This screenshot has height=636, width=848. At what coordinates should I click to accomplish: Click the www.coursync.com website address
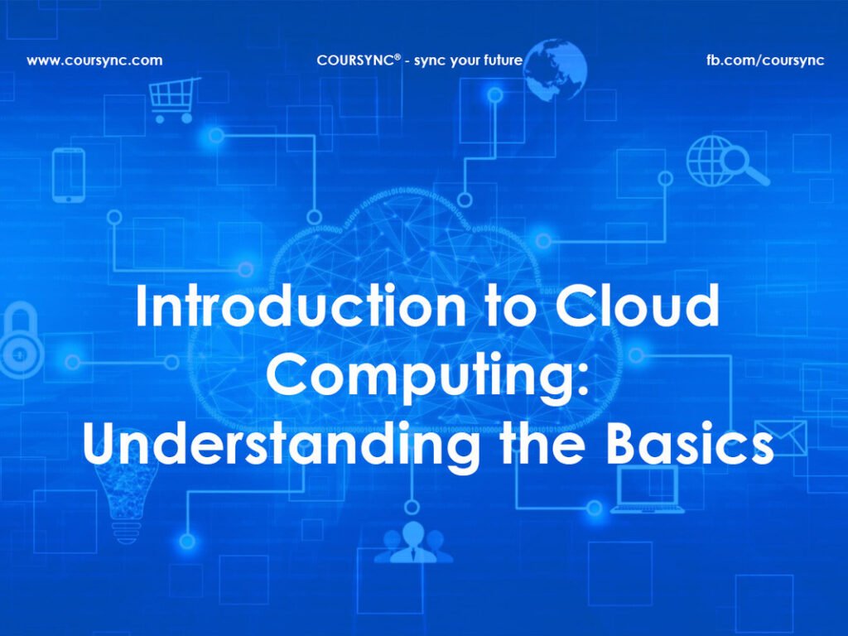[94, 60]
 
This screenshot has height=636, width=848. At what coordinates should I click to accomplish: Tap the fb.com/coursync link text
[765, 60]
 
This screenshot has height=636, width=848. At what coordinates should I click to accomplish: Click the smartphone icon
[69, 175]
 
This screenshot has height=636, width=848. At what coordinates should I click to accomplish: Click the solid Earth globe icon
[555, 70]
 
